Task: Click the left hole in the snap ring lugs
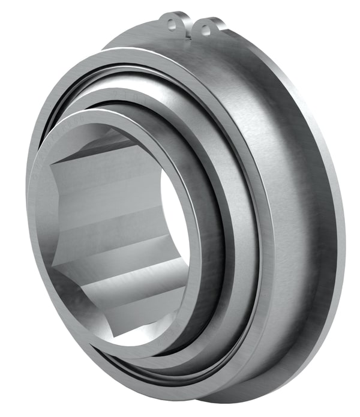[172, 25]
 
